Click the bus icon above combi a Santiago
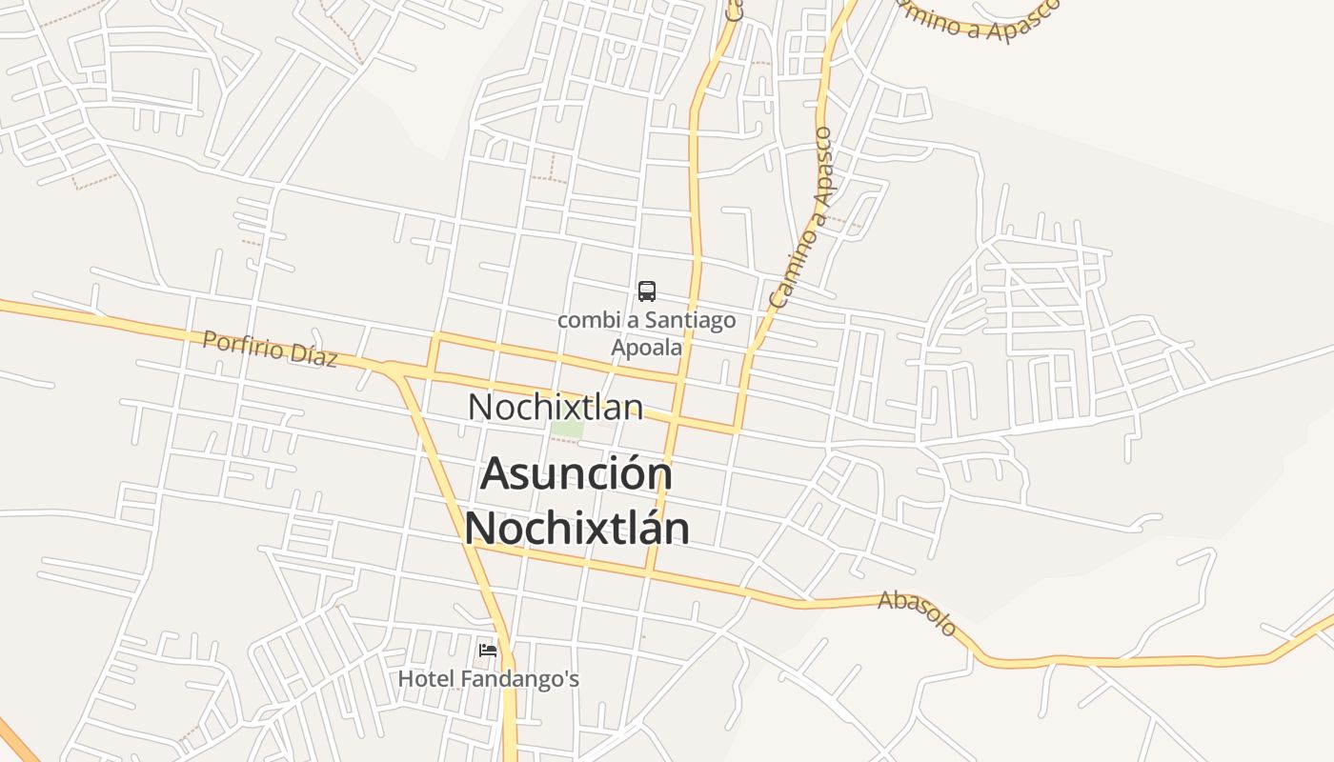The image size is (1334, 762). click(x=647, y=291)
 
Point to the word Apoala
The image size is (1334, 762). click(x=647, y=347)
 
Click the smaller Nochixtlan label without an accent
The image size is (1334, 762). click(x=555, y=407)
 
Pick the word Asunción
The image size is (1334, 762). click(x=576, y=473)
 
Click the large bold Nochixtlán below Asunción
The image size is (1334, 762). click(x=576, y=528)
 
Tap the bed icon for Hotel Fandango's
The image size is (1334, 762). click(x=488, y=652)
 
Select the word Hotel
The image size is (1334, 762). click(x=426, y=679)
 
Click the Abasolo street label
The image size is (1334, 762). click(x=917, y=612)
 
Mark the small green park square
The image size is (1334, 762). click(x=568, y=429)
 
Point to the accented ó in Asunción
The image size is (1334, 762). click(x=629, y=473)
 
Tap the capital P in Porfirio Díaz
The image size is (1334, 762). click(x=211, y=339)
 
